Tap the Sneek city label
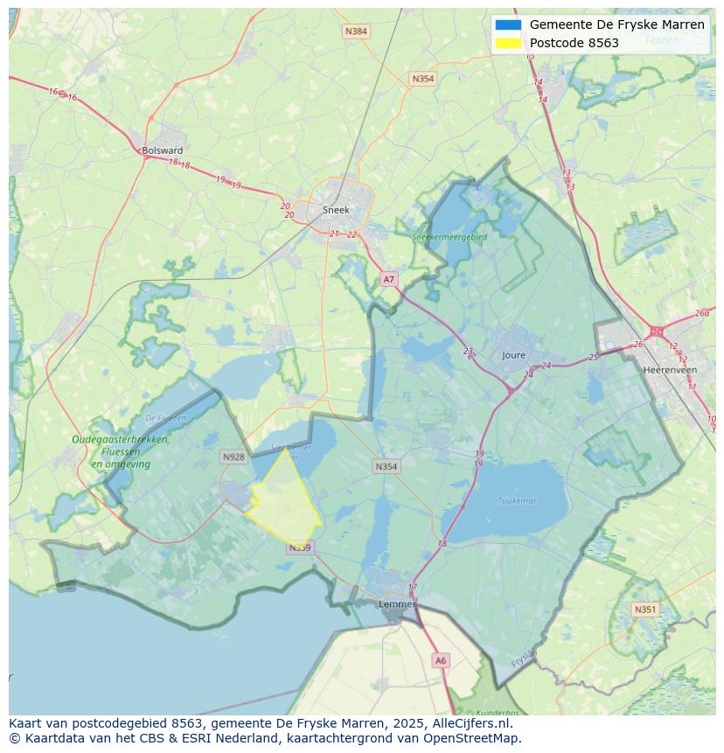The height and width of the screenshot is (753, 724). pyautogui.click(x=336, y=210)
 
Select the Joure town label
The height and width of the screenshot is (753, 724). pyautogui.click(x=514, y=355)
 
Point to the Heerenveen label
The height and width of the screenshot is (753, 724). pyautogui.click(x=670, y=370)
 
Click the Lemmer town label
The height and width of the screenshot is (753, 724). pyautogui.click(x=396, y=604)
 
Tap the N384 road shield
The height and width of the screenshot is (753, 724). pyautogui.click(x=356, y=31)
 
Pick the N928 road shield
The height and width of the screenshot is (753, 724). pyautogui.click(x=233, y=457)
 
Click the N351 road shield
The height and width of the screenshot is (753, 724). pyautogui.click(x=645, y=610)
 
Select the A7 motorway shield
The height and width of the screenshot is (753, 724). pyautogui.click(x=389, y=280)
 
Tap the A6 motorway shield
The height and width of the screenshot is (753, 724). pyautogui.click(x=441, y=661)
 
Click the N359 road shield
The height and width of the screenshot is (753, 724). pyautogui.click(x=300, y=547)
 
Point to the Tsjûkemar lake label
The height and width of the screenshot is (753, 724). pyautogui.click(x=517, y=501)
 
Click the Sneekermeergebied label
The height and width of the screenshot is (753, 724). pyautogui.click(x=450, y=236)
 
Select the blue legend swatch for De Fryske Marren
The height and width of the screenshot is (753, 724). pyautogui.click(x=508, y=24)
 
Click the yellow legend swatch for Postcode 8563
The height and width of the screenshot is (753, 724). pyautogui.click(x=508, y=43)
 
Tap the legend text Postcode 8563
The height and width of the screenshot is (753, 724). pyautogui.click(x=574, y=43)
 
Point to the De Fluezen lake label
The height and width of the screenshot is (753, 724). pyautogui.click(x=165, y=418)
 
